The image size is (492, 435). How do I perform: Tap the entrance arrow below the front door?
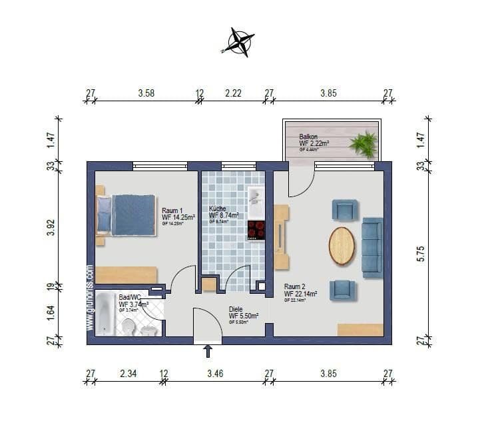pyautogui.click(x=208, y=350)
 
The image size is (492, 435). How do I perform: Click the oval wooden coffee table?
pyautogui.click(x=342, y=246)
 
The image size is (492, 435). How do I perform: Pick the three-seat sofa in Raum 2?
pyautogui.click(x=372, y=247)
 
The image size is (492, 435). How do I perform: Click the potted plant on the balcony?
pyautogui.click(x=364, y=143)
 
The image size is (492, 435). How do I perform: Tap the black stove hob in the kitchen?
pyautogui.click(x=256, y=230)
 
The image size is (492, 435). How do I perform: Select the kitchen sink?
pyautogui.click(x=256, y=197)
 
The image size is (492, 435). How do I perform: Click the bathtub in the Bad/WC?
pyautogui.click(x=105, y=314)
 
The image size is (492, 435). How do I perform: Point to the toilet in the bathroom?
pyautogui.click(x=128, y=326)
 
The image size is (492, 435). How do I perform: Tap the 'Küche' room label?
pyautogui.click(x=218, y=208)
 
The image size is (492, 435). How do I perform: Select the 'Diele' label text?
pyautogui.click(x=236, y=309)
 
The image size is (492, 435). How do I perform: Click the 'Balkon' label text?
pyautogui.click(x=308, y=136)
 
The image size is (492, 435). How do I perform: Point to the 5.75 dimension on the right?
pyautogui.click(x=420, y=253)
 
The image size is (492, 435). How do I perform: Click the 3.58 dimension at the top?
pyautogui.click(x=146, y=93)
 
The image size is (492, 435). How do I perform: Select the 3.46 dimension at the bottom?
pyautogui.click(x=214, y=374)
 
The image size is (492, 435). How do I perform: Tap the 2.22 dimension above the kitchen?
pyautogui.click(x=233, y=93)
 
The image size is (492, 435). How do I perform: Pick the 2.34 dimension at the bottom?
pyautogui.click(x=128, y=374)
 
